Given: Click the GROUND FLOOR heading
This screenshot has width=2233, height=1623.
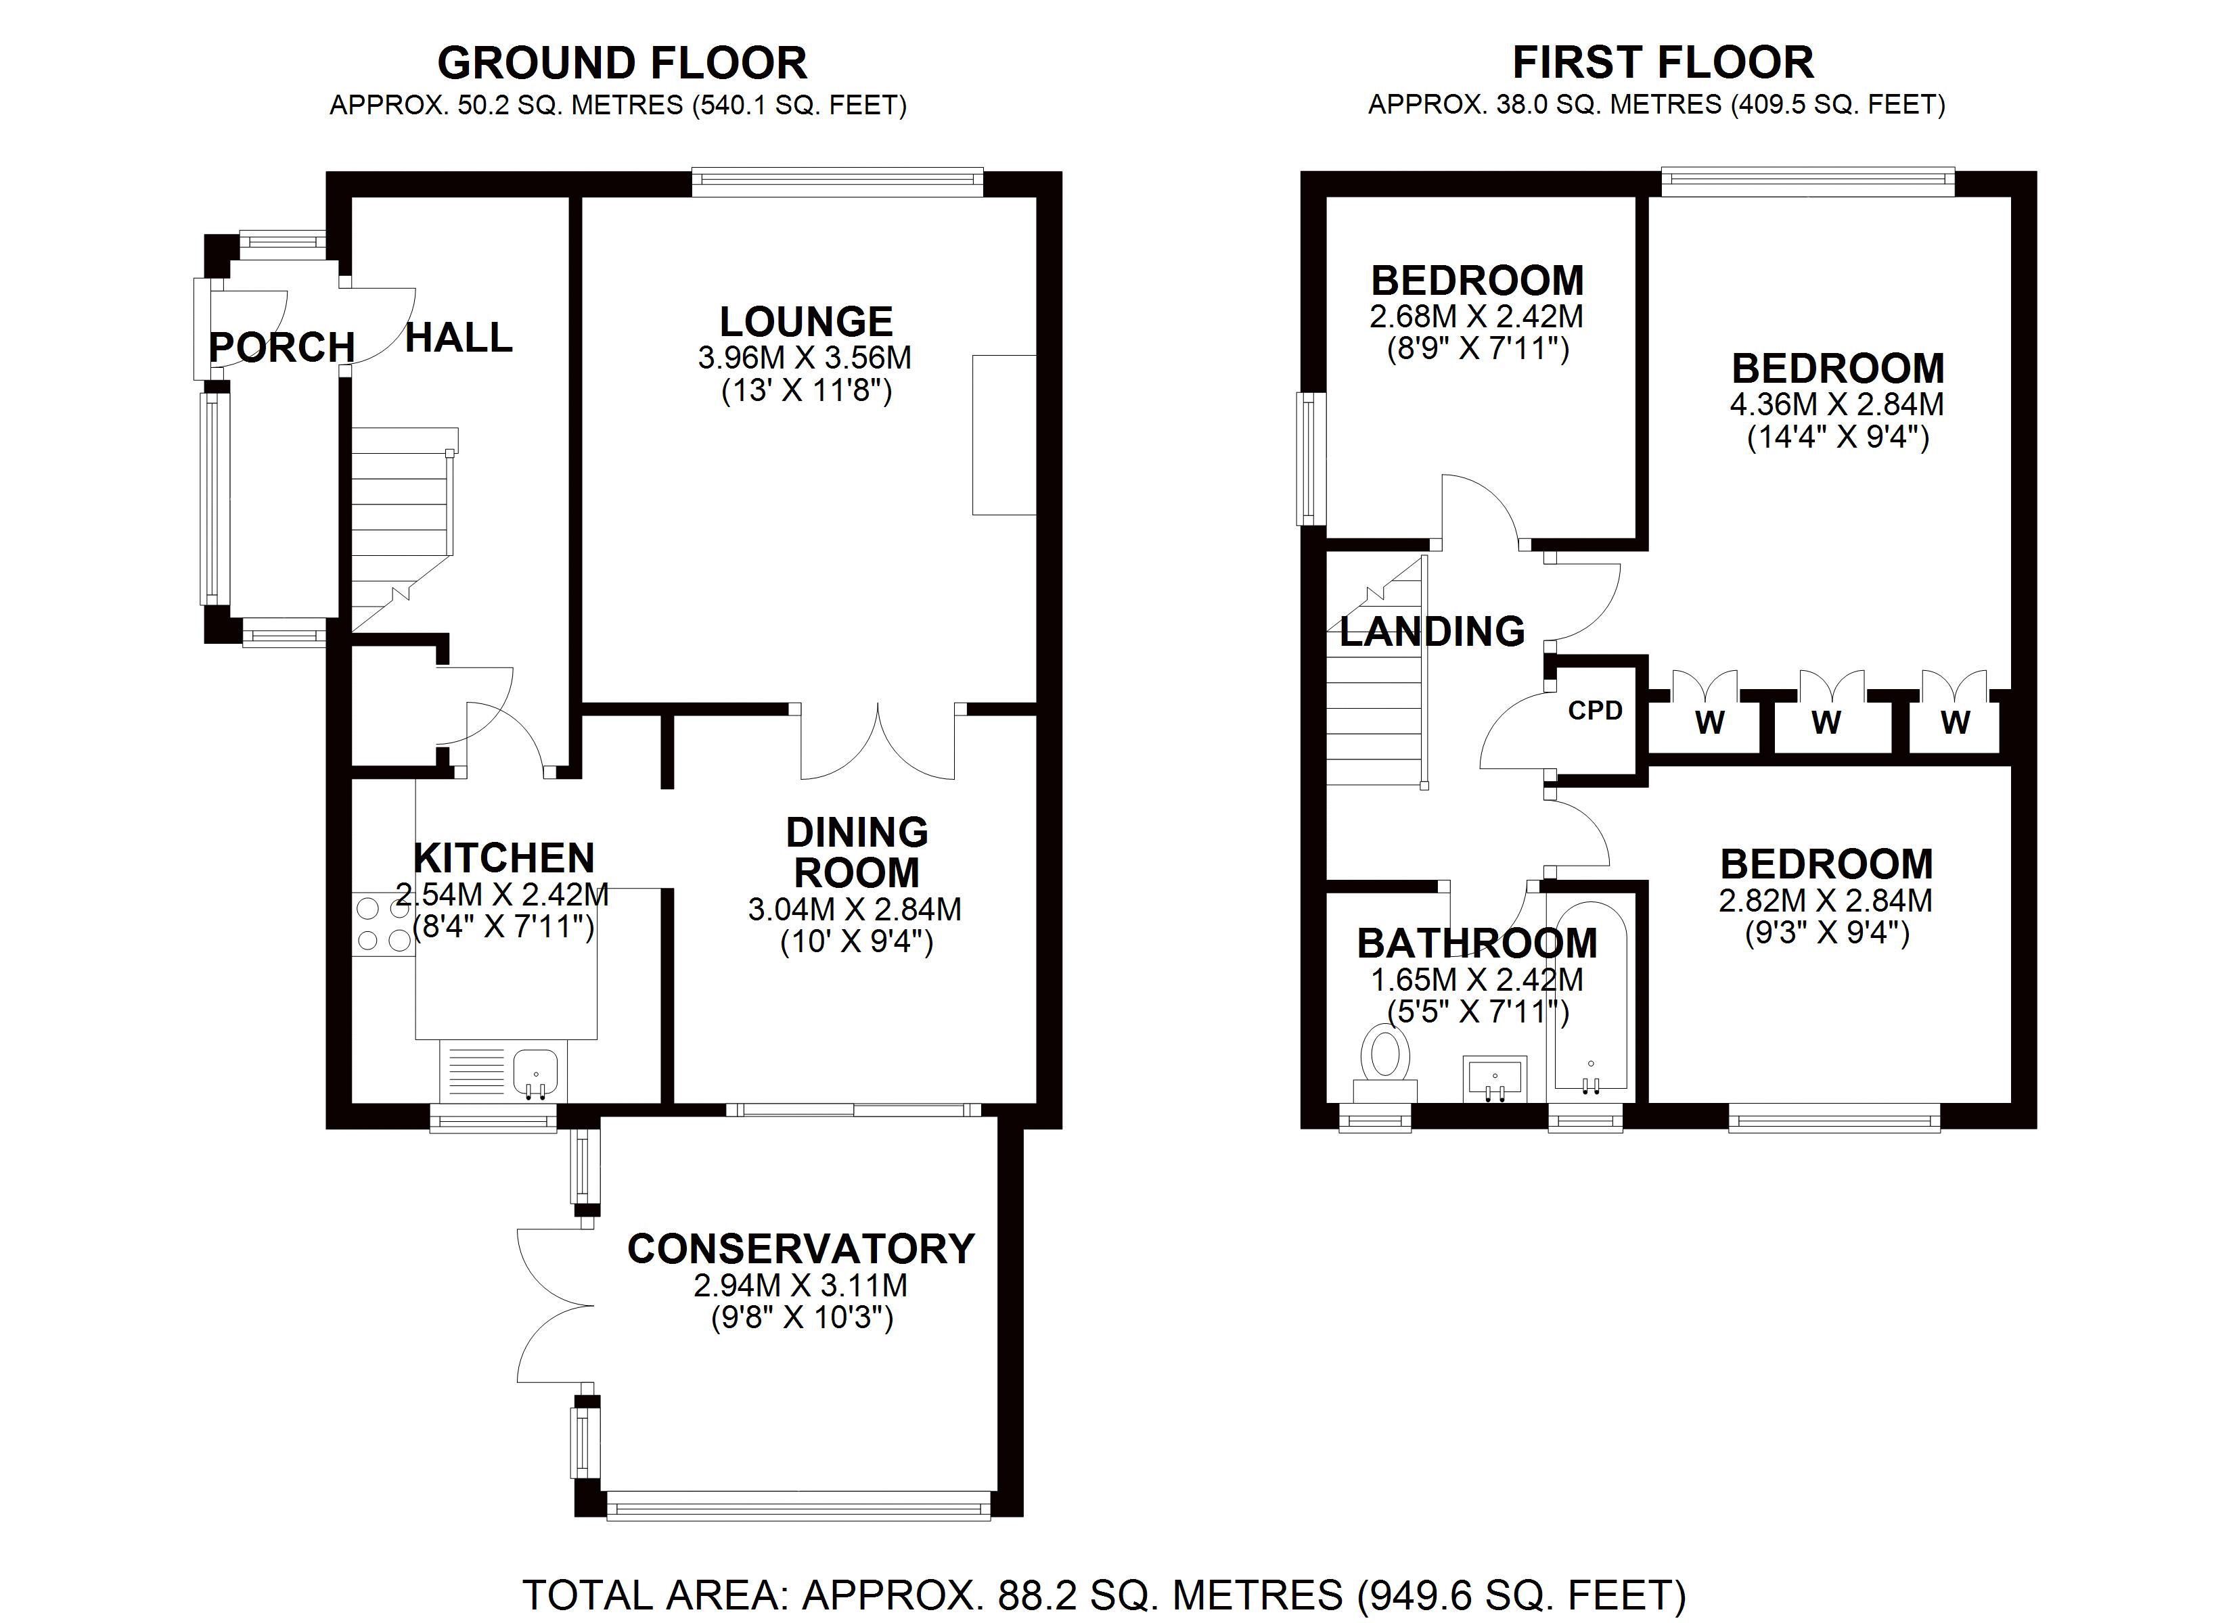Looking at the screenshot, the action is (623, 63).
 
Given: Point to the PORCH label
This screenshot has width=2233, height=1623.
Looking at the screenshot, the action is (281, 348).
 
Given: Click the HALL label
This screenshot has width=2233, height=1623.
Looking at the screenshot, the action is (459, 337).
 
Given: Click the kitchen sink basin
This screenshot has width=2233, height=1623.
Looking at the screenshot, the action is (536, 1072).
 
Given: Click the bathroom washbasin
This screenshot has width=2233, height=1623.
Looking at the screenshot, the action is (1495, 1078).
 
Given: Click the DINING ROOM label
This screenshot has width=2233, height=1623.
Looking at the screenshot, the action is (857, 852).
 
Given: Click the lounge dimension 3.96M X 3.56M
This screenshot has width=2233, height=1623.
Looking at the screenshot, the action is (805, 357).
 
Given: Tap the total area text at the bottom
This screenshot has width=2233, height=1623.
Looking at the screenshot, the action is (1104, 1595).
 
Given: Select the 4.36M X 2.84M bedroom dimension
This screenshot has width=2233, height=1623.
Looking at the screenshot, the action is (1837, 404).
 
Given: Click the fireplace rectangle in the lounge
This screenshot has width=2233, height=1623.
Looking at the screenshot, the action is (1004, 434).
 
